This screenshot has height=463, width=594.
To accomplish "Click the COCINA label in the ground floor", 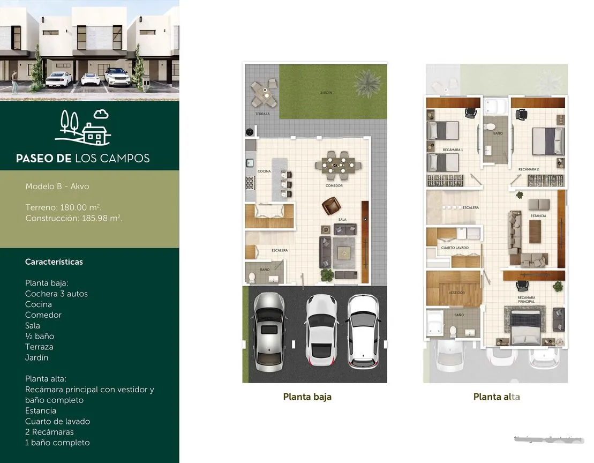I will coord(264,171).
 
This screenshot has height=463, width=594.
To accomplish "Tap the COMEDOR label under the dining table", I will coord(334,186).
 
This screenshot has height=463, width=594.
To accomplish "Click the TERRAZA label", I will coord(262,114).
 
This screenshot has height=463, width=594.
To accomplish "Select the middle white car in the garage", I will coord(321,329).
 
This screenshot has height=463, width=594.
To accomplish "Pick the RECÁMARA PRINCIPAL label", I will coord(526,300).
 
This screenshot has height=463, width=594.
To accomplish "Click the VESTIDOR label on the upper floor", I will coord(456,293).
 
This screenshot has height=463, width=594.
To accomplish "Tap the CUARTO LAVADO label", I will coord(455,248).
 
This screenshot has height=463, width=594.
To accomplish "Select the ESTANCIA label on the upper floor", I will coord(538,216).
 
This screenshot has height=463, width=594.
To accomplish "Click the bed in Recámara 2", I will coord(547,141).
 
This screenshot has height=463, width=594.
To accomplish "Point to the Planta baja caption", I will coord(307,397).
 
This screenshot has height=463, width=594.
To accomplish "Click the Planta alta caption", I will coord(496,397).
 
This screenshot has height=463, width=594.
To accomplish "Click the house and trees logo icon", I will coord(85,128).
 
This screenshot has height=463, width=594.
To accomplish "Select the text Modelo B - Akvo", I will coord(57,186).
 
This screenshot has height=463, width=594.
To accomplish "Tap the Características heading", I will coord(54,262).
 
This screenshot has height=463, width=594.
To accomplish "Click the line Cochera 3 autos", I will coord(56,294).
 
